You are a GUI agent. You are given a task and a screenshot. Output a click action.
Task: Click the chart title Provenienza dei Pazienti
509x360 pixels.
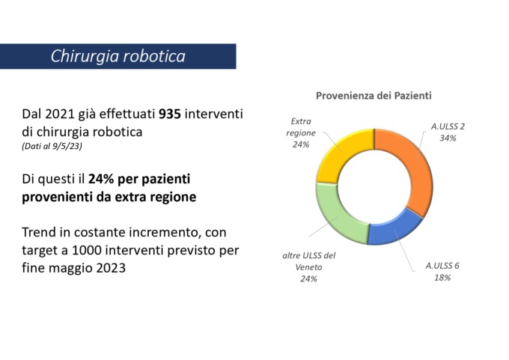(374, 96)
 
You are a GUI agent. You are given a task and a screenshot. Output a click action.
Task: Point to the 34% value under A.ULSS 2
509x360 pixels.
(448, 138)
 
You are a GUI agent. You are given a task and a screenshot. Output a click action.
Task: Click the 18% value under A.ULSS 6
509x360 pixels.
(442, 278)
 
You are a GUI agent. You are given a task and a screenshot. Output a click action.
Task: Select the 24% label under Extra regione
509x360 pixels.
(301, 144)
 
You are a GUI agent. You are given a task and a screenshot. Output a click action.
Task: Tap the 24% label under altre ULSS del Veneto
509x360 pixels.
(308, 279)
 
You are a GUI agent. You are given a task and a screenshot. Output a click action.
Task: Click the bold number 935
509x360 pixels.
(169, 114)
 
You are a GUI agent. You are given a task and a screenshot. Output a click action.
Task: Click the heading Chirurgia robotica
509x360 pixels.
(118, 56)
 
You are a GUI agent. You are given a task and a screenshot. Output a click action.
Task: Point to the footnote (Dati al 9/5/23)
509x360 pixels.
(52, 146)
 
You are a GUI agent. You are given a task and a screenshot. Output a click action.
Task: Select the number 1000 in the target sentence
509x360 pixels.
(87, 250)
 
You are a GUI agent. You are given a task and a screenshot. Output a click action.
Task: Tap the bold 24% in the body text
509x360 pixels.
(101, 179)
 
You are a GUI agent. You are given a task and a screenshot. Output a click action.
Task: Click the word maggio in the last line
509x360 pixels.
(70, 269)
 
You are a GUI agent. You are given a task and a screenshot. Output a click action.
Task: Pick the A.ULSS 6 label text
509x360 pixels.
(442, 266)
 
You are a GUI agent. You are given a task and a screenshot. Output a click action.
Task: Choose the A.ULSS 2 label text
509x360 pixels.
(448, 126)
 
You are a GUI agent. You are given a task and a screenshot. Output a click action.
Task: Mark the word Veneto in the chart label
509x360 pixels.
(308, 267)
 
